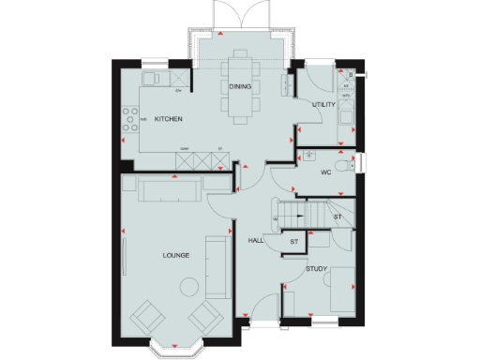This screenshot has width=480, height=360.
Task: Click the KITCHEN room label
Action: [168, 119]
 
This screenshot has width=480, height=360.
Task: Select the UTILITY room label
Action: [323, 104]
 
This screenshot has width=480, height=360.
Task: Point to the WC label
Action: [326, 172]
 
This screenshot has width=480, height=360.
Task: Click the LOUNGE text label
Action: [175, 255]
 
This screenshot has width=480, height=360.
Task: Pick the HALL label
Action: [256, 241]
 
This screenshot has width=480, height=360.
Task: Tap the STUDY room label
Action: [316, 270]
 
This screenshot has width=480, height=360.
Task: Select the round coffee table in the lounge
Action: [187, 286]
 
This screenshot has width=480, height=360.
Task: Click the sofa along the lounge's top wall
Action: [169, 190]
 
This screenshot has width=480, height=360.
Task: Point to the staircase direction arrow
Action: [277, 218]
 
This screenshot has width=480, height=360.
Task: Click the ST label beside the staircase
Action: [337, 217]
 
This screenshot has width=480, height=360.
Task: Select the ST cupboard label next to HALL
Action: [292, 242]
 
